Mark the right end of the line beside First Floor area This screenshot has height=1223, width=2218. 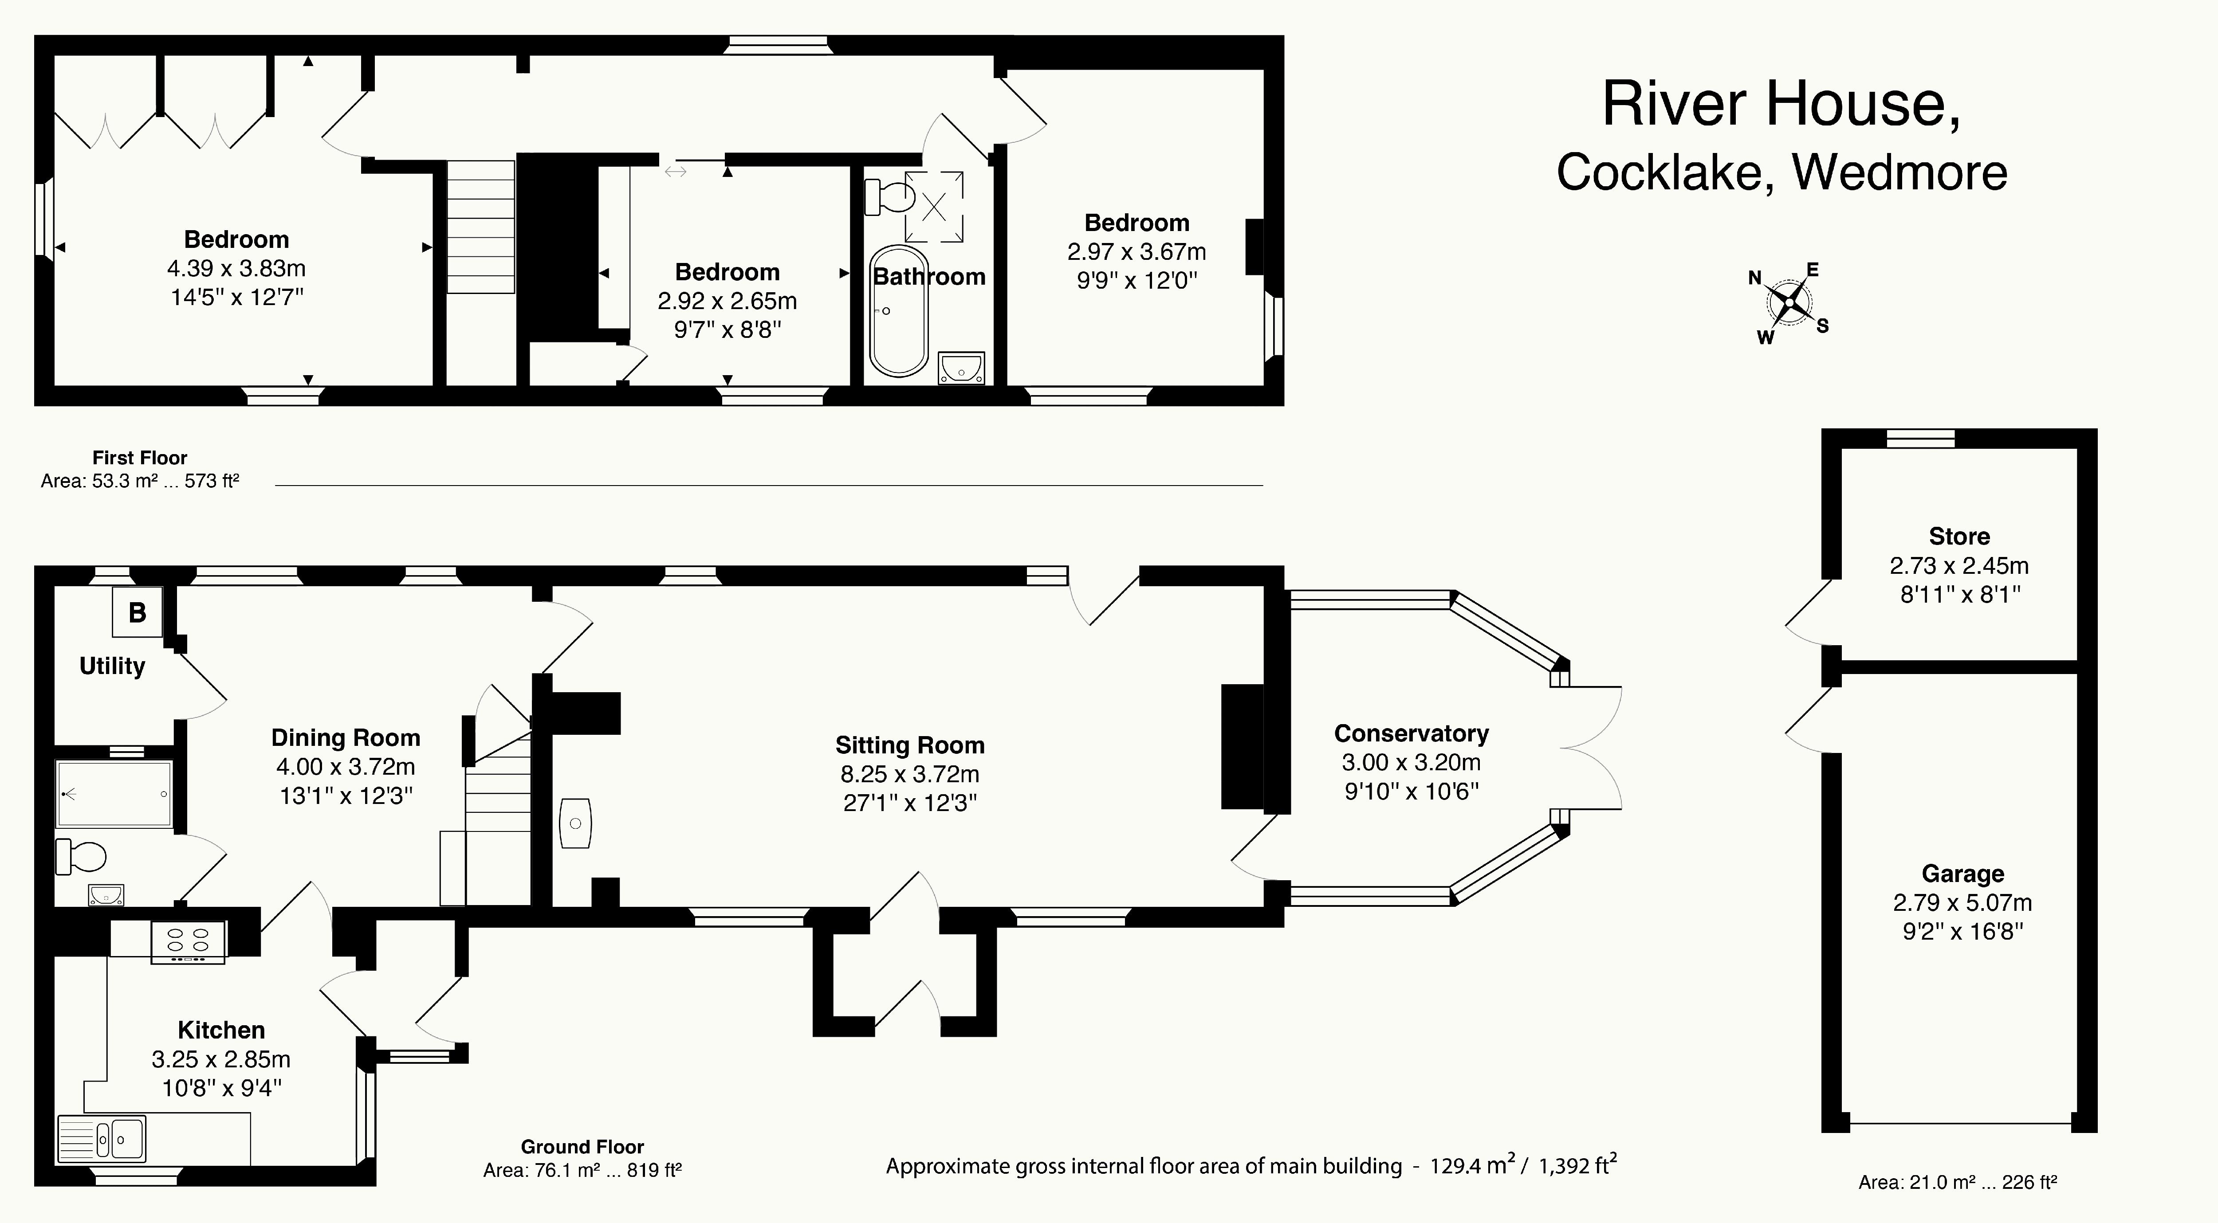[x=1262, y=486]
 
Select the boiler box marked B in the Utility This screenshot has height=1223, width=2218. [x=137, y=612]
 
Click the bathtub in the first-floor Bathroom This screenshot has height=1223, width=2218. [x=899, y=312]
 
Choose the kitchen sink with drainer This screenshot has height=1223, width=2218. [x=102, y=1139]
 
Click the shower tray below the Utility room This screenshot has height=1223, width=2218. [x=114, y=793]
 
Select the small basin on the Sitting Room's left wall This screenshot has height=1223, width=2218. [x=575, y=823]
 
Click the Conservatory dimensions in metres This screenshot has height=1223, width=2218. [x=1411, y=763]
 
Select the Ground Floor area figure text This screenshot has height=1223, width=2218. [x=583, y=1171]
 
